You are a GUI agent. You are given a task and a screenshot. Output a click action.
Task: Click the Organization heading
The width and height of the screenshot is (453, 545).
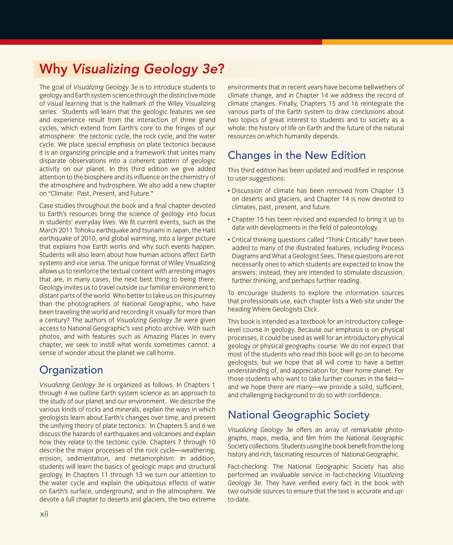coord(71,370)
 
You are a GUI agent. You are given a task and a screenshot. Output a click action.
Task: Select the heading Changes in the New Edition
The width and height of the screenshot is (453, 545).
coord(296,155)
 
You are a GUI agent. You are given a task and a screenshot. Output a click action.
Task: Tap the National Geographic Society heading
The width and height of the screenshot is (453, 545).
coord(299,415)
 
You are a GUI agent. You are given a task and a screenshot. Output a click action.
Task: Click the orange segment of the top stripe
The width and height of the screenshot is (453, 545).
coord(387,42)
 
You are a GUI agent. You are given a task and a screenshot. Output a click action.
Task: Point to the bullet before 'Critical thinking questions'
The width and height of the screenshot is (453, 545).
coord(229,240)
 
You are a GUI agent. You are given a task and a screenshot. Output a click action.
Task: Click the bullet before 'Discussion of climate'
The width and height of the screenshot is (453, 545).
coord(229,191)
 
